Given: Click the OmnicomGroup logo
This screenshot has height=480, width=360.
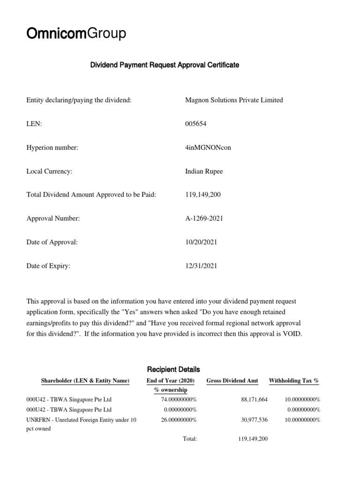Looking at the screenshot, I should click(x=76, y=34).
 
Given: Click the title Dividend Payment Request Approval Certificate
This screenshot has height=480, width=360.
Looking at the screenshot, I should click(x=165, y=65).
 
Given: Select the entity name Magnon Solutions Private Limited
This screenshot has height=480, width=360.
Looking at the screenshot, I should click(x=234, y=100).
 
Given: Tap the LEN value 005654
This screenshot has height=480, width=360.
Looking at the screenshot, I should click(x=196, y=124).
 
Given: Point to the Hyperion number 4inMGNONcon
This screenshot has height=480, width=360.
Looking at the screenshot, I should click(x=208, y=148).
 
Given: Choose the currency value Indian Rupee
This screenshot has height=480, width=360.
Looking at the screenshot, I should click(x=204, y=171).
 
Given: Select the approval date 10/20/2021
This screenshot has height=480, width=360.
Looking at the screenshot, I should click(x=201, y=242).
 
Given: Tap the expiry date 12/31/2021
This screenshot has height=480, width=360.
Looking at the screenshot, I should click(x=201, y=266).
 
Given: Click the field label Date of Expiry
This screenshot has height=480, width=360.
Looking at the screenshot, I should click(x=48, y=266).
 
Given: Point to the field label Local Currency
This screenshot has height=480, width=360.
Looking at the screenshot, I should click(x=49, y=171).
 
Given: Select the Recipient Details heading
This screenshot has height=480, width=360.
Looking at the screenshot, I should click(x=174, y=369).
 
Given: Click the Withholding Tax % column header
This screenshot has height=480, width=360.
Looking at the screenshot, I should click(x=293, y=381).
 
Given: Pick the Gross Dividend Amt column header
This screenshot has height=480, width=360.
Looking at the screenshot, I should click(x=233, y=381).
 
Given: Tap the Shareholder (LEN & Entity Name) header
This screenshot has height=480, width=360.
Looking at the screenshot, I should click(x=85, y=381).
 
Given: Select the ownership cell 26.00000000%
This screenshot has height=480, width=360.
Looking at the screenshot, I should click(x=179, y=420).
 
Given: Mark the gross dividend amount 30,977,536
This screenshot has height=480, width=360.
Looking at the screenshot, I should click(x=253, y=420).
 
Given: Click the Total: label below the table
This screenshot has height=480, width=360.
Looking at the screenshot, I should click(x=190, y=439).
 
